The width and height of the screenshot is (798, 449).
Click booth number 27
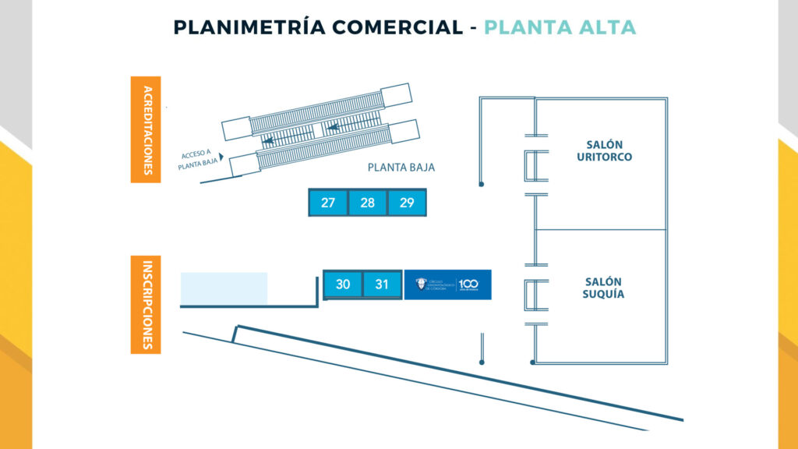point(328,203)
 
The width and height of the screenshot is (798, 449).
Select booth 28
point(368,203)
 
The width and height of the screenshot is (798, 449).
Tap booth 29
point(407,203)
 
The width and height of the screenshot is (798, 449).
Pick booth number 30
point(343,285)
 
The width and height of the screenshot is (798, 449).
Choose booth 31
point(382,285)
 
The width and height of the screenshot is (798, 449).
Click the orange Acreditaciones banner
point(146,129)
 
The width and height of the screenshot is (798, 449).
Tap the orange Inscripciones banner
point(146,305)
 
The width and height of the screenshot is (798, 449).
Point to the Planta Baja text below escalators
point(401,168)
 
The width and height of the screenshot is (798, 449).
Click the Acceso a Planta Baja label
point(196,159)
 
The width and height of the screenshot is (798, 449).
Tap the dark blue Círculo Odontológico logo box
point(447,285)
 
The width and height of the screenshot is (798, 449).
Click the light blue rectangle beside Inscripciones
point(224,288)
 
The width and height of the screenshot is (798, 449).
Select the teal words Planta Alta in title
point(560,27)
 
